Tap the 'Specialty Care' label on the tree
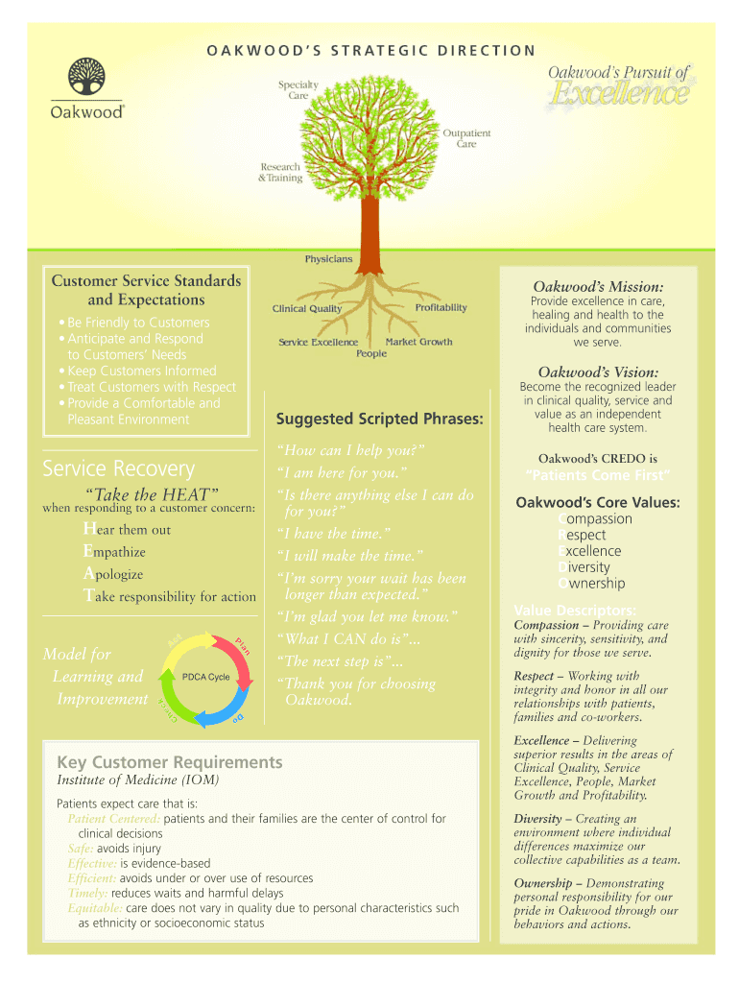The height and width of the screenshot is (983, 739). click(298, 90)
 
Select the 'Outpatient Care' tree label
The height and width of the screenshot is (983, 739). click(466, 138)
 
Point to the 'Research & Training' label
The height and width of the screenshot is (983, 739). click(280, 172)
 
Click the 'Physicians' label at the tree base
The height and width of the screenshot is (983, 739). click(328, 259)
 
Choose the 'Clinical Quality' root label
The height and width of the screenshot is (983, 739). click(306, 309)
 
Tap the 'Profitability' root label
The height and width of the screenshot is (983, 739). click(441, 307)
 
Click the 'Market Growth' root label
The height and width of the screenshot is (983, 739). click(418, 342)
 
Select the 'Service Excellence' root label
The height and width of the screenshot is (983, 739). click(318, 343)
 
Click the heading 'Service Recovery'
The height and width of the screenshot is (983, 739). click(118, 468)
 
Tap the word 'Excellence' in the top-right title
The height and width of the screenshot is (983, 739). click(619, 95)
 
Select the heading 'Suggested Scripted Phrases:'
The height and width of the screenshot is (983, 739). click(379, 419)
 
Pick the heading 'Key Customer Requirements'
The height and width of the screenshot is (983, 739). click(170, 762)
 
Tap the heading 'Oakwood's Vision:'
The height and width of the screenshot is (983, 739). click(597, 372)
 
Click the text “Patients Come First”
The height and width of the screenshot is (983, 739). click(597, 475)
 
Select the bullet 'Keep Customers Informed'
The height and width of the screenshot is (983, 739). click(142, 371)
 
